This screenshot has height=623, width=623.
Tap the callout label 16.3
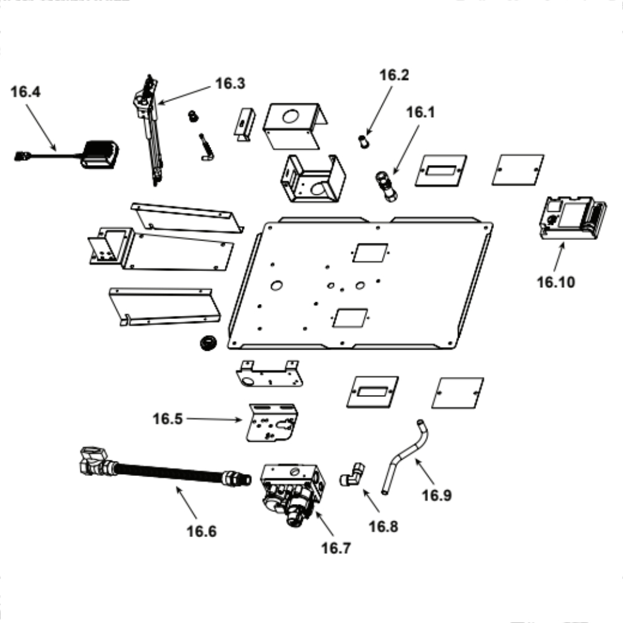click(x=231, y=83)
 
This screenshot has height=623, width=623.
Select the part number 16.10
click(x=556, y=282)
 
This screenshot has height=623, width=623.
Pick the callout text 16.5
click(x=168, y=419)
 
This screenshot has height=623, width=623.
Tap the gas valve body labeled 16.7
click(x=293, y=492)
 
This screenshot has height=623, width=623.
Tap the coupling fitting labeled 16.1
click(x=386, y=184)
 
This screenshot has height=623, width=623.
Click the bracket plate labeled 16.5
click(x=272, y=424)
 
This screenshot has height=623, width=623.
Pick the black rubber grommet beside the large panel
click(x=205, y=343)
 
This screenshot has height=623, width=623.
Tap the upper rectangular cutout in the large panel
click(x=370, y=252)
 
